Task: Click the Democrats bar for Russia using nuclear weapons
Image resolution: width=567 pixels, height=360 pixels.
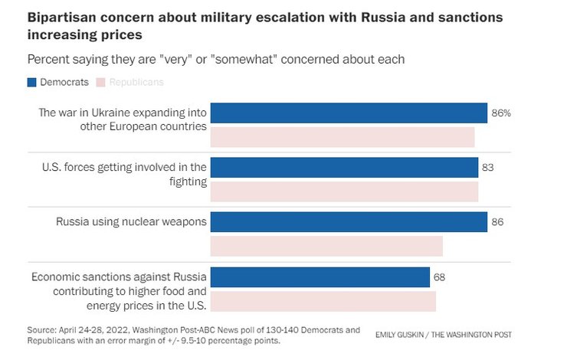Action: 349,222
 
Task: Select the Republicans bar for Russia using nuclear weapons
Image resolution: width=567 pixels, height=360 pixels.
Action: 326,246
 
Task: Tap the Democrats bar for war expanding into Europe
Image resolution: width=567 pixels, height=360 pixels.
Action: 349,113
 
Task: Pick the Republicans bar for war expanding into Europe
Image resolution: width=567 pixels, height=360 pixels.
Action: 342,137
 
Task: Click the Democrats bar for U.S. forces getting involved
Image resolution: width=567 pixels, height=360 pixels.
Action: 344,167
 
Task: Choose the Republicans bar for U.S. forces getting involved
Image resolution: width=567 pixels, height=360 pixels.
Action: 344,191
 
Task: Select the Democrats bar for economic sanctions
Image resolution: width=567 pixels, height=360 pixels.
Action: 320,277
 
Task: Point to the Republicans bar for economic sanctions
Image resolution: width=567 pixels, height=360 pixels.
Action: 323,301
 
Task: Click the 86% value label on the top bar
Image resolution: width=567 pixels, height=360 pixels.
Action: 501,113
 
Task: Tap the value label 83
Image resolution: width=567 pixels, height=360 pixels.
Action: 488,168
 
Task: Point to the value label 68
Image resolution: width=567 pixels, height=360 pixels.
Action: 439,277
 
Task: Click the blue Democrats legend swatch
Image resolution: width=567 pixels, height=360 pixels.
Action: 32,82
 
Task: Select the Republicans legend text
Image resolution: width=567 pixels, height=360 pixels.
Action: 136,82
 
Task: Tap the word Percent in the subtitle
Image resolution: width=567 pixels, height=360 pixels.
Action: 48,59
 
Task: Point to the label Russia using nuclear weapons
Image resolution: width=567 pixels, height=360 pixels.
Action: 131,222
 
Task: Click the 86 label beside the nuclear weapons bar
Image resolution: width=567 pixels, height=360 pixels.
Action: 498,222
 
